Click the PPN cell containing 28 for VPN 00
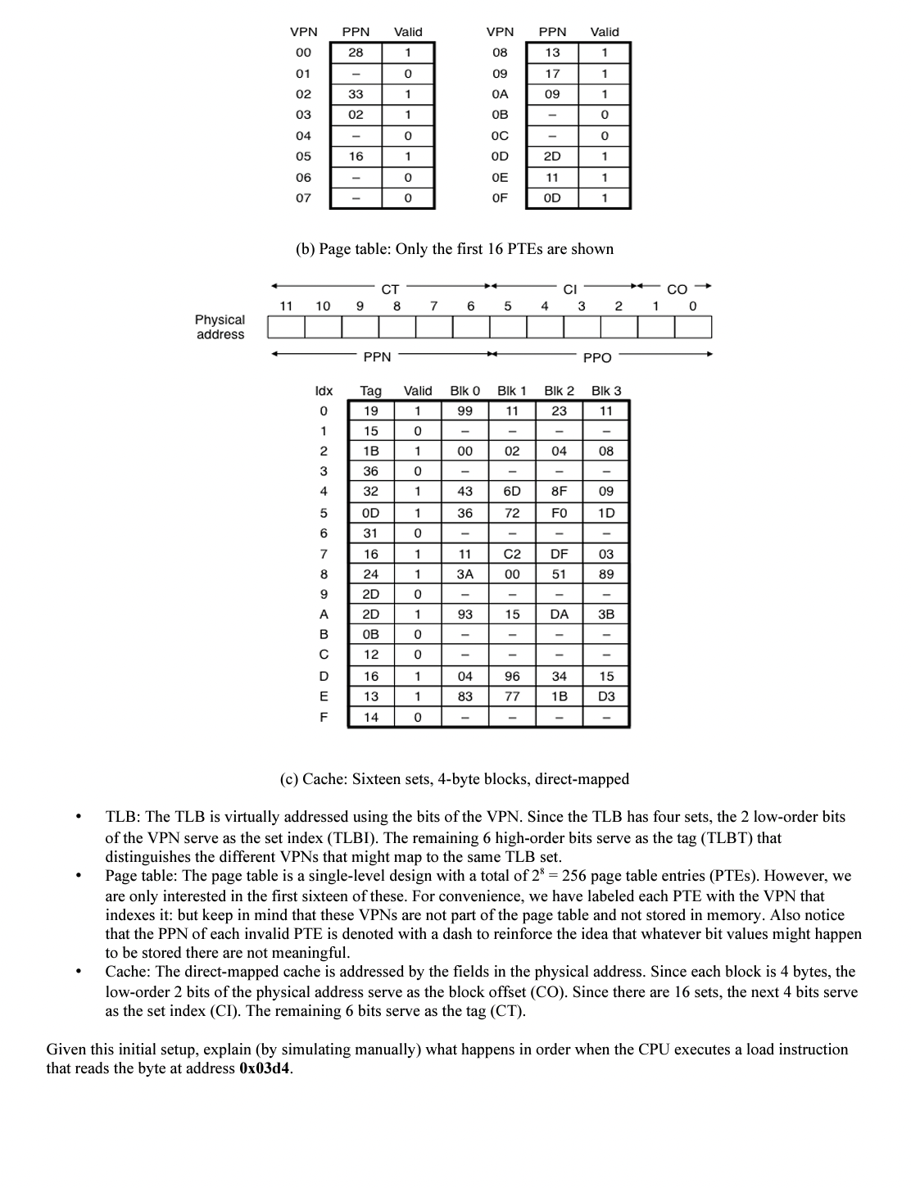click(x=356, y=52)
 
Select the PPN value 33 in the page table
click(x=356, y=94)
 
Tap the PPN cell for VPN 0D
click(x=552, y=156)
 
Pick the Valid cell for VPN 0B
click(x=605, y=115)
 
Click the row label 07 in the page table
click(x=303, y=198)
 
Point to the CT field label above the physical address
click(x=390, y=289)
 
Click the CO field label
click(x=677, y=289)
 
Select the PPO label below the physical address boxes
click(x=596, y=357)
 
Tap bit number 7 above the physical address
click(x=433, y=306)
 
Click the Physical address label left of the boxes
click(x=220, y=327)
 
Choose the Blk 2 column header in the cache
click(x=559, y=391)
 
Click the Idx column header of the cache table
click(x=324, y=391)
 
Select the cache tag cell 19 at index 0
click(x=371, y=410)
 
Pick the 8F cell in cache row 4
click(x=559, y=492)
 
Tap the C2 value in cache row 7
click(x=512, y=554)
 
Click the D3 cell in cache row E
click(x=606, y=696)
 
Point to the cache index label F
click(x=324, y=717)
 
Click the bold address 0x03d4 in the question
click(x=265, y=1068)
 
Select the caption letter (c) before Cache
click(x=289, y=779)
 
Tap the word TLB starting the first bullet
click(x=122, y=817)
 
